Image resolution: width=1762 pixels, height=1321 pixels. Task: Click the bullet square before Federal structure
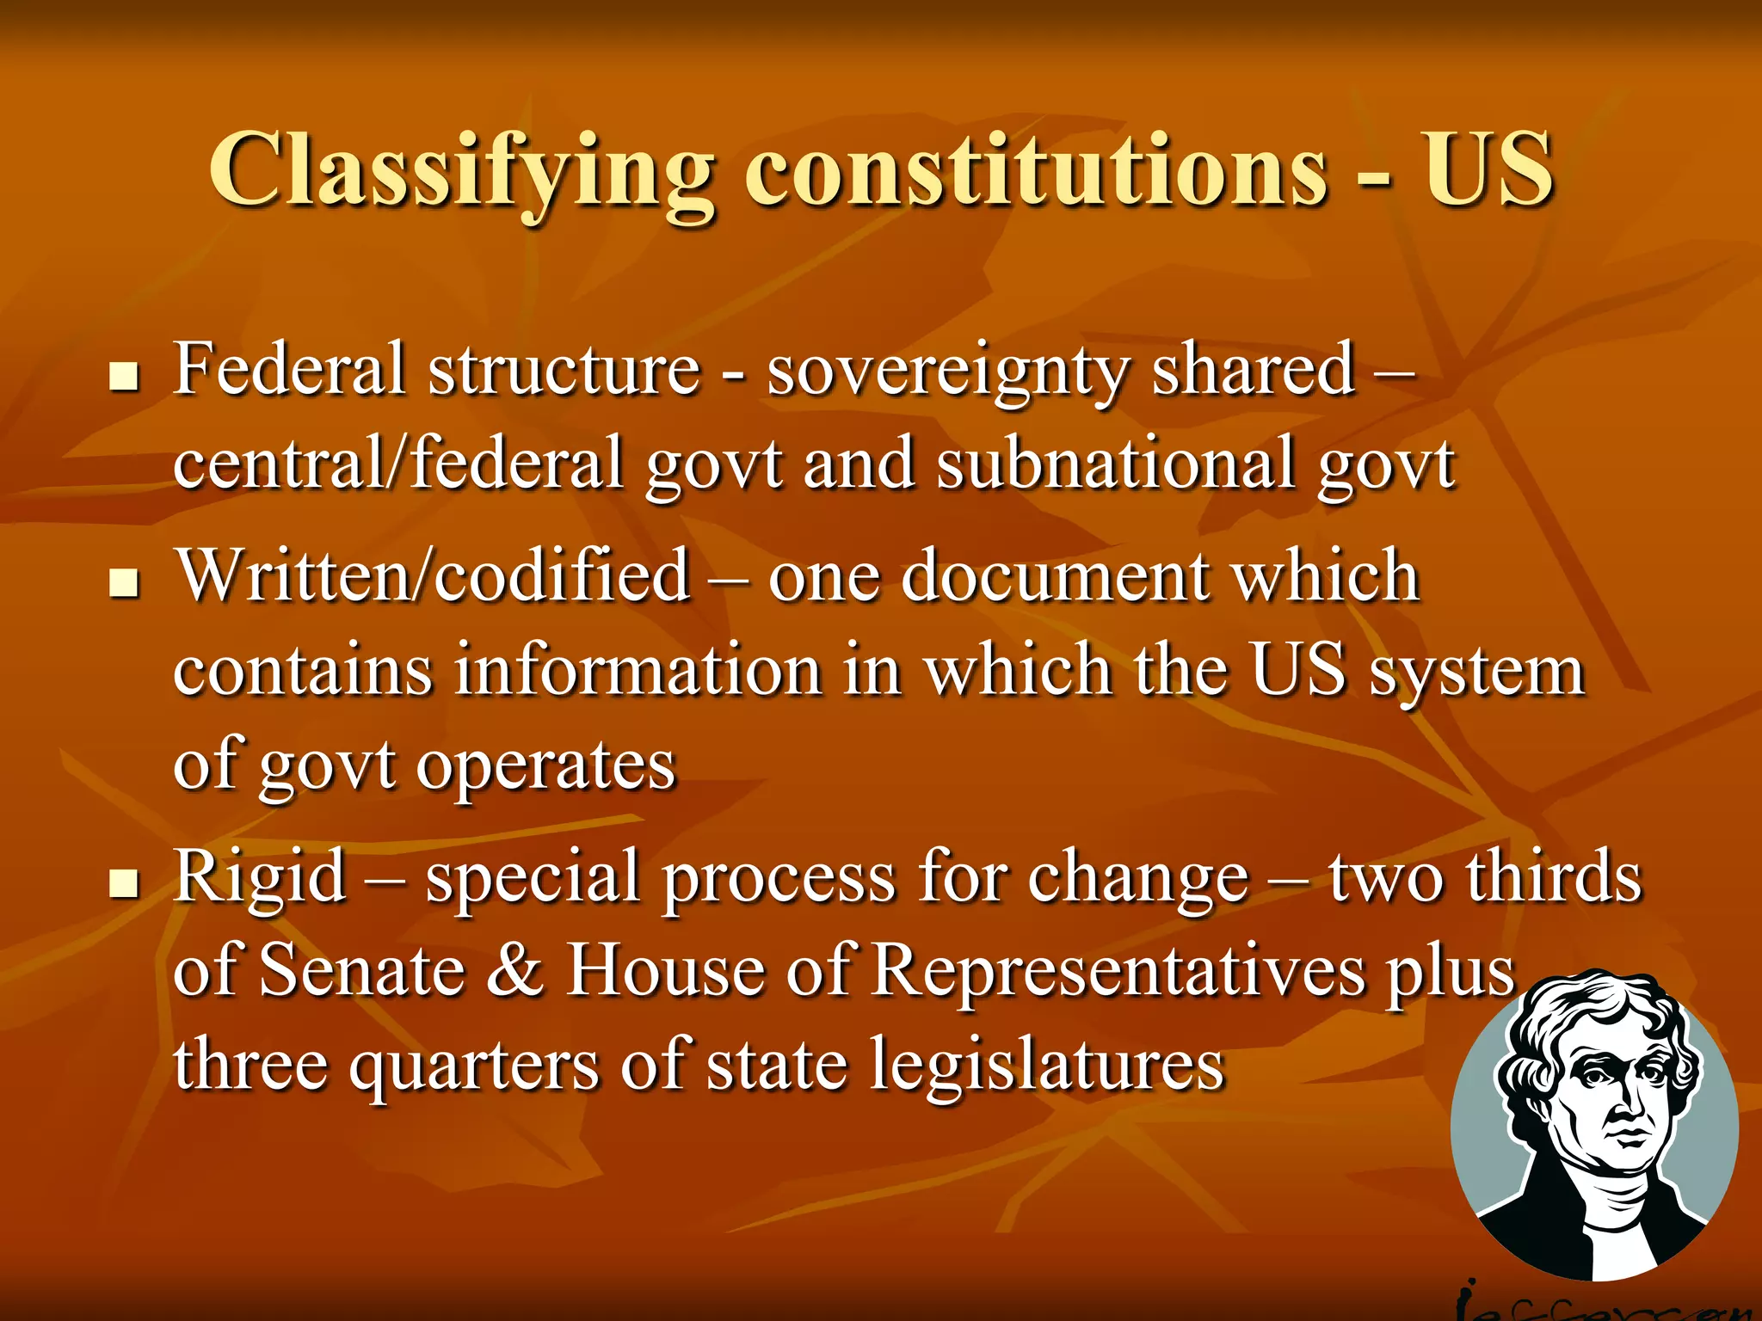[125, 376]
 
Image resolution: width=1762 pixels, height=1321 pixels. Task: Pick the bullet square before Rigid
[125, 883]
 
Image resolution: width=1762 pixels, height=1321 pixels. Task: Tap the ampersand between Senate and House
[514, 972]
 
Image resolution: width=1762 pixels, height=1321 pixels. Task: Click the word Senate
[362, 972]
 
